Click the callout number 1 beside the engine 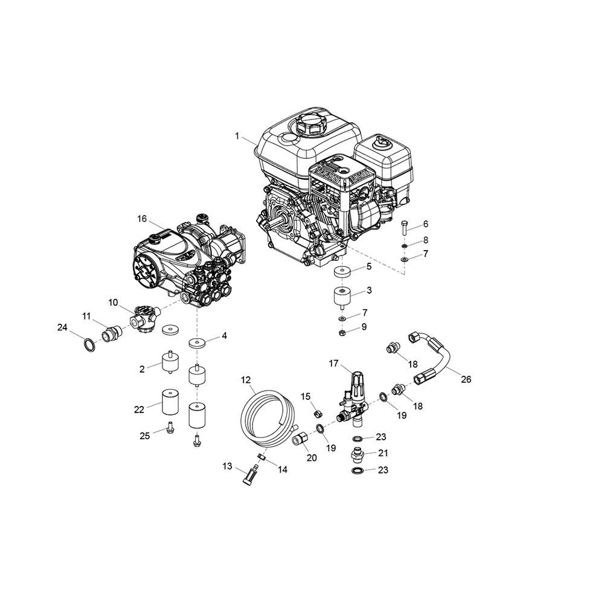237,136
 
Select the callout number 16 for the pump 142,219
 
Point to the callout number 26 466,379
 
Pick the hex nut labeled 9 341,332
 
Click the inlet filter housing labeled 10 143,319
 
